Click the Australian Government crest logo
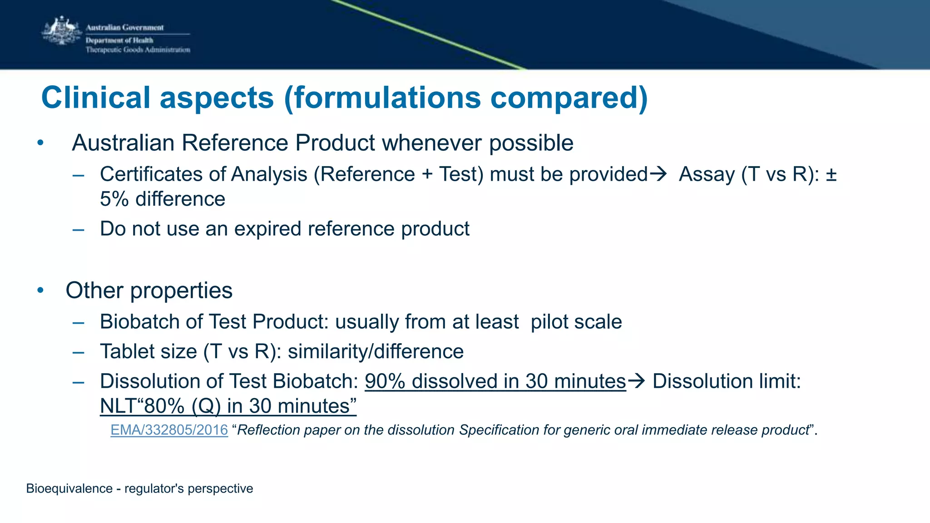pos(61,31)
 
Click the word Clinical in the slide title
pos(96,98)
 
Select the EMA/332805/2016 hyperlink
pos(169,430)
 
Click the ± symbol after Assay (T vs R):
pos(831,174)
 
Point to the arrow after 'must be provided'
pos(658,174)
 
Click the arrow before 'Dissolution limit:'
pos(636,381)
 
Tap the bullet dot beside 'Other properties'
pos(40,291)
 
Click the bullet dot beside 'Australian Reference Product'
pos(40,143)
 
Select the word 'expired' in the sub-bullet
pos(268,228)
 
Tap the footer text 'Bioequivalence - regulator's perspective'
pos(139,488)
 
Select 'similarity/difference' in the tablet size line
pos(376,351)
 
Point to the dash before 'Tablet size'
pos(78,352)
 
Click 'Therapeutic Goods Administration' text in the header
pos(138,50)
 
